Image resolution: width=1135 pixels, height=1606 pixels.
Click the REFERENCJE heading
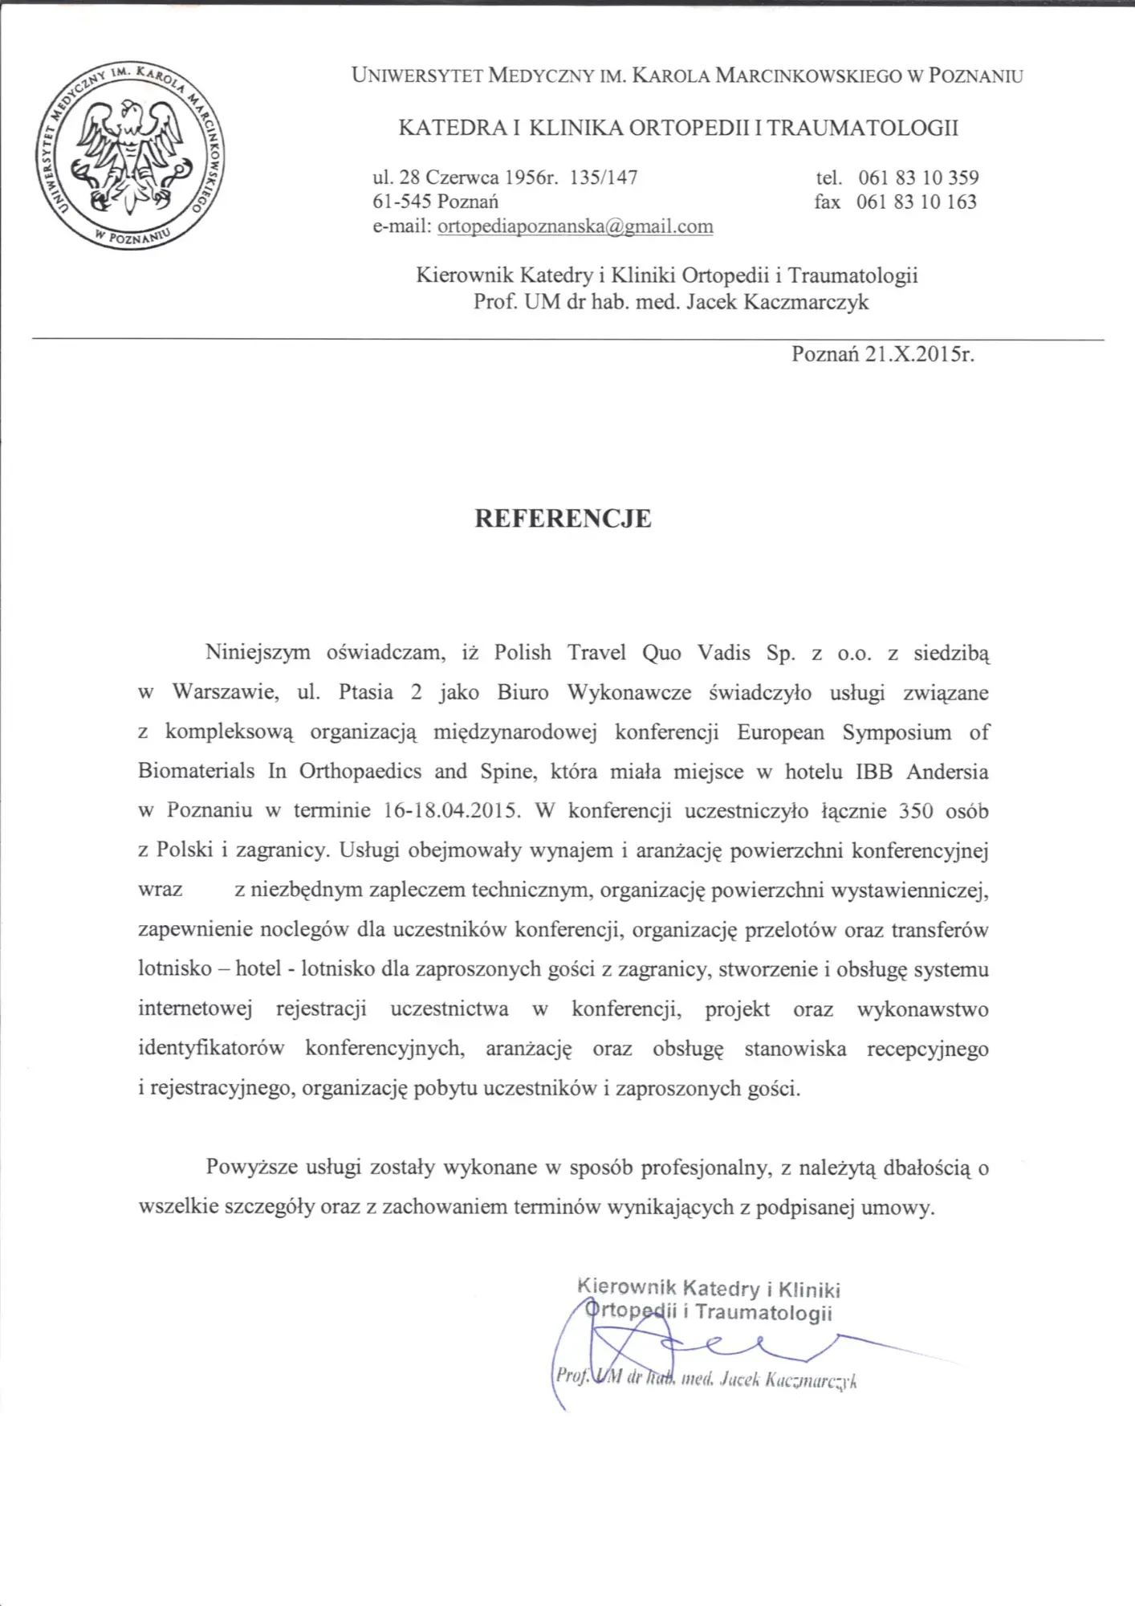tap(563, 519)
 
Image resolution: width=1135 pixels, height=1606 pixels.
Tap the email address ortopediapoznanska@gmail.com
tap(575, 226)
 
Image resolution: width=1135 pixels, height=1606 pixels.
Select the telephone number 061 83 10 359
tap(918, 177)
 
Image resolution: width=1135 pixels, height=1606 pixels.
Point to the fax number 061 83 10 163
tap(916, 202)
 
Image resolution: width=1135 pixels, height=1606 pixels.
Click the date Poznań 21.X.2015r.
tap(882, 354)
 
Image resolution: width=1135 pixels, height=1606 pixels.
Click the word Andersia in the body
tap(947, 772)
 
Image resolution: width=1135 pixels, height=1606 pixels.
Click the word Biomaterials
tap(196, 772)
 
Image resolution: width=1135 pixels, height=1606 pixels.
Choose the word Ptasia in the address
tap(366, 692)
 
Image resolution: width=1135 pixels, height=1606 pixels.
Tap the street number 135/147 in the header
tap(603, 177)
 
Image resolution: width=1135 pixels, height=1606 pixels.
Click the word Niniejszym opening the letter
tap(258, 653)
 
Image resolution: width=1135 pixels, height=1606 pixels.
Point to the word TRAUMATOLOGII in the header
tap(863, 128)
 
